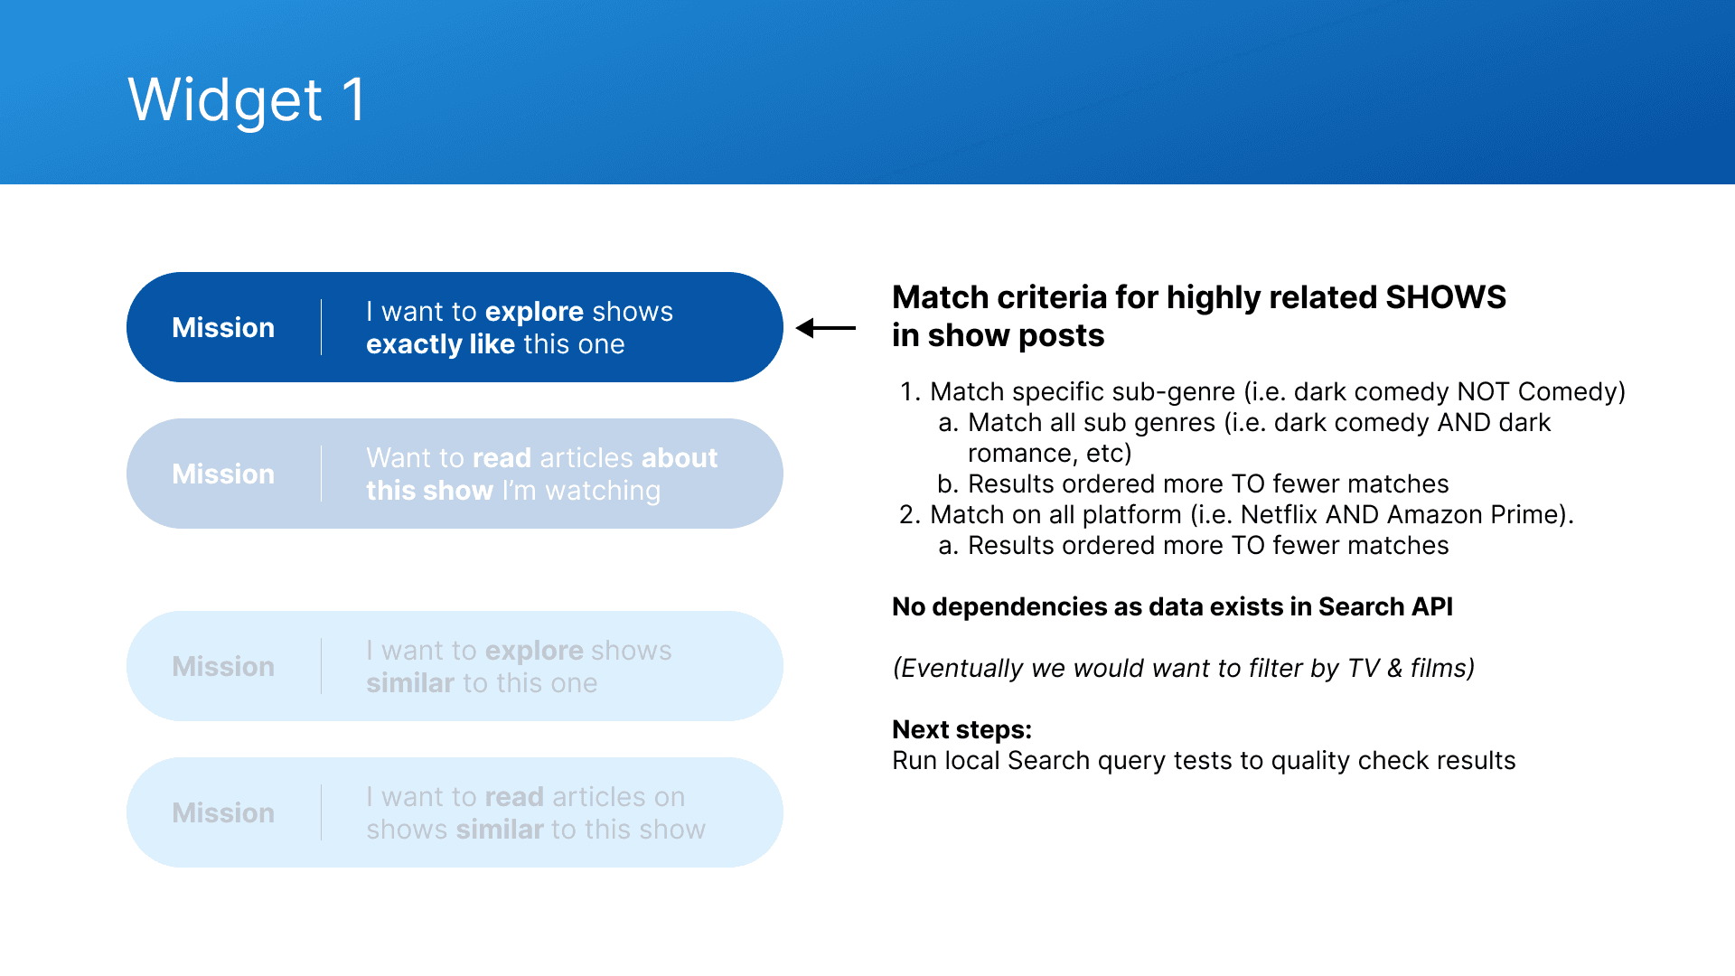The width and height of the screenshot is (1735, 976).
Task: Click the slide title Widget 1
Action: tap(247, 99)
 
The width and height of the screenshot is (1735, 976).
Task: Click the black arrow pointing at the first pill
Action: tap(825, 328)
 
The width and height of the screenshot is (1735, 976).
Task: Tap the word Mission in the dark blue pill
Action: tap(223, 327)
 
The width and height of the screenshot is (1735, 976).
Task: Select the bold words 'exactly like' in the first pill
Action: tap(440, 344)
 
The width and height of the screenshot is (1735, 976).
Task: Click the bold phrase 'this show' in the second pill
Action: tap(429, 491)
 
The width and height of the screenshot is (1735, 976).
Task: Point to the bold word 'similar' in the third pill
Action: tap(410, 683)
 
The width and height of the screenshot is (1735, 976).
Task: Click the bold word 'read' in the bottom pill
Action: tap(514, 797)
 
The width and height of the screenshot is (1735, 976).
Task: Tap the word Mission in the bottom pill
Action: tap(223, 812)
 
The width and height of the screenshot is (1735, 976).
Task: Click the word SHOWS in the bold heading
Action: tap(1446, 297)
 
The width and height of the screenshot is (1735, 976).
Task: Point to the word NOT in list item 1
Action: tap(1483, 392)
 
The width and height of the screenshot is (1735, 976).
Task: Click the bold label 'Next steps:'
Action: tap(961, 730)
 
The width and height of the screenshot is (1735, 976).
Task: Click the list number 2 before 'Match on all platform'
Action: tap(909, 515)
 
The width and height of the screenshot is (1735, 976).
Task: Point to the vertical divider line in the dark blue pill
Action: tap(321, 327)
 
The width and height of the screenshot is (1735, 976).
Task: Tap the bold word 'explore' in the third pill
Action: tap(534, 651)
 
